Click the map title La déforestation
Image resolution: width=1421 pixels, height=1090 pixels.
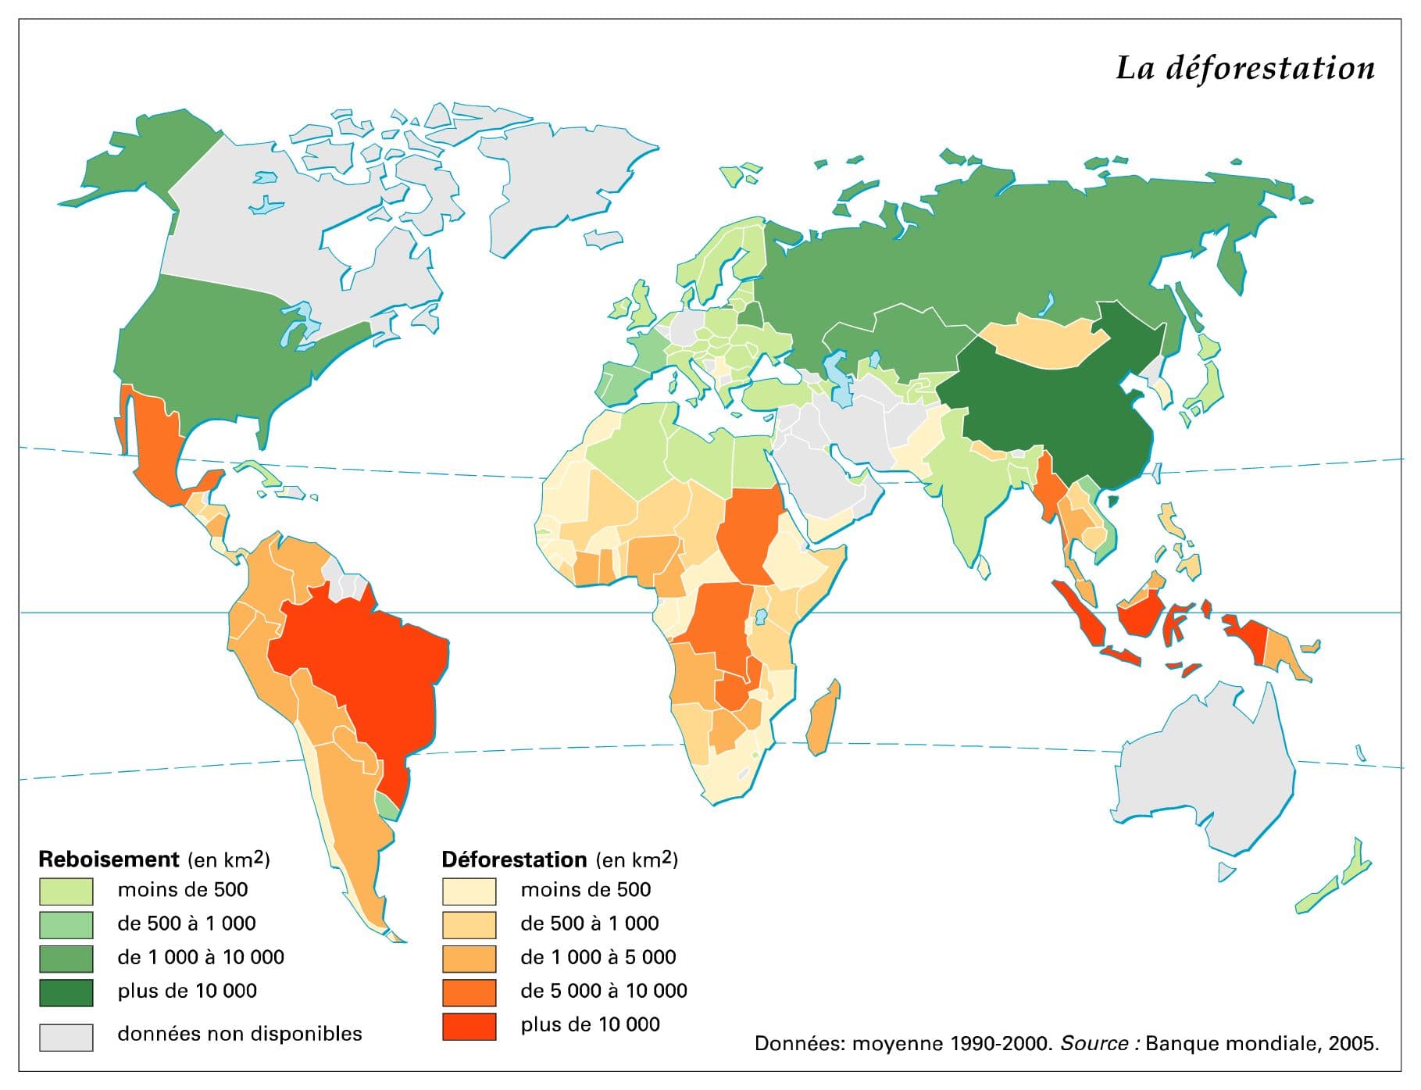pos(1244,68)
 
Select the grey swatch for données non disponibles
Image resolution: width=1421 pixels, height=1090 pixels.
pos(66,1037)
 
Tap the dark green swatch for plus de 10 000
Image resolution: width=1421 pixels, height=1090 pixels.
pos(66,992)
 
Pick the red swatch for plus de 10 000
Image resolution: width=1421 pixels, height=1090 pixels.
pos(469,1026)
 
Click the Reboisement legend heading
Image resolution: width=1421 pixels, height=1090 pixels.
pos(109,859)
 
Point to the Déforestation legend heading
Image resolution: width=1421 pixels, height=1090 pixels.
pos(513,859)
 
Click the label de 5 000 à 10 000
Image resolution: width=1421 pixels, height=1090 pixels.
pos(603,991)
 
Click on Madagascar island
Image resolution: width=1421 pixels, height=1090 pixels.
pos(823,717)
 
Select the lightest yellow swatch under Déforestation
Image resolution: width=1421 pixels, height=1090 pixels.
pos(469,891)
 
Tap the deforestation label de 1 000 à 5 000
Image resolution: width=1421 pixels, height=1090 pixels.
pos(598,957)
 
